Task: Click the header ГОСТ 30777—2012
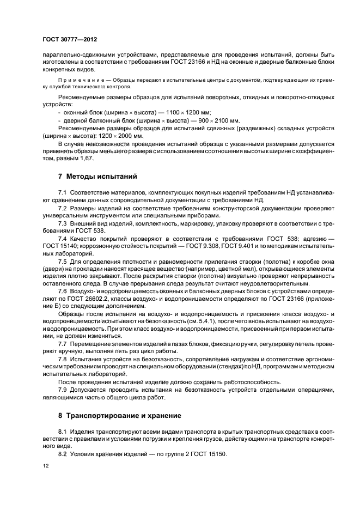pyautogui.click(x=70, y=40)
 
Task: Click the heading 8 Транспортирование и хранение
pyautogui.click(x=120, y=415)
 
